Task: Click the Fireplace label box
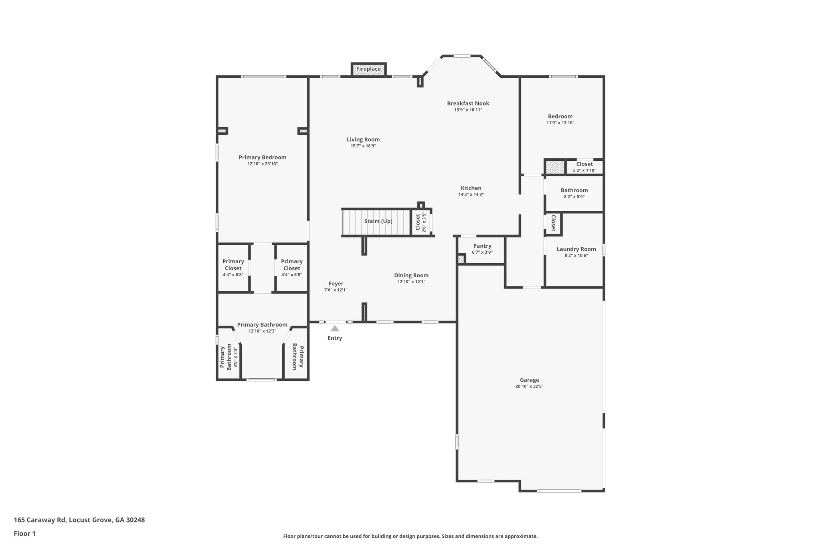pyautogui.click(x=368, y=69)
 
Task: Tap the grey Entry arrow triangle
pyautogui.click(x=335, y=329)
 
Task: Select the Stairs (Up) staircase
pyautogui.click(x=377, y=222)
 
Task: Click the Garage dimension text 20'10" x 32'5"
pyautogui.click(x=529, y=387)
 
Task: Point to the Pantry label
pyautogui.click(x=482, y=246)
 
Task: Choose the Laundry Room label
pyautogui.click(x=576, y=249)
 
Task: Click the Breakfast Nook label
pyautogui.click(x=468, y=103)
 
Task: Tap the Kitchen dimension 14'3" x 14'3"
pyautogui.click(x=471, y=195)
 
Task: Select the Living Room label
pyautogui.click(x=363, y=139)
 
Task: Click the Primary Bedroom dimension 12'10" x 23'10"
pyautogui.click(x=263, y=164)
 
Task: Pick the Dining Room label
pyautogui.click(x=411, y=275)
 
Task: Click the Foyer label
pyautogui.click(x=336, y=284)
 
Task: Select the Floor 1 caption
pyautogui.click(x=25, y=534)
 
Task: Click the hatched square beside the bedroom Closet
pyautogui.click(x=555, y=167)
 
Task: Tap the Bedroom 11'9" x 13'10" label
pyautogui.click(x=560, y=117)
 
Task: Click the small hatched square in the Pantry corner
pyautogui.click(x=461, y=259)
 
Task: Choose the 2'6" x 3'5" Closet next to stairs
pyautogui.click(x=420, y=222)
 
